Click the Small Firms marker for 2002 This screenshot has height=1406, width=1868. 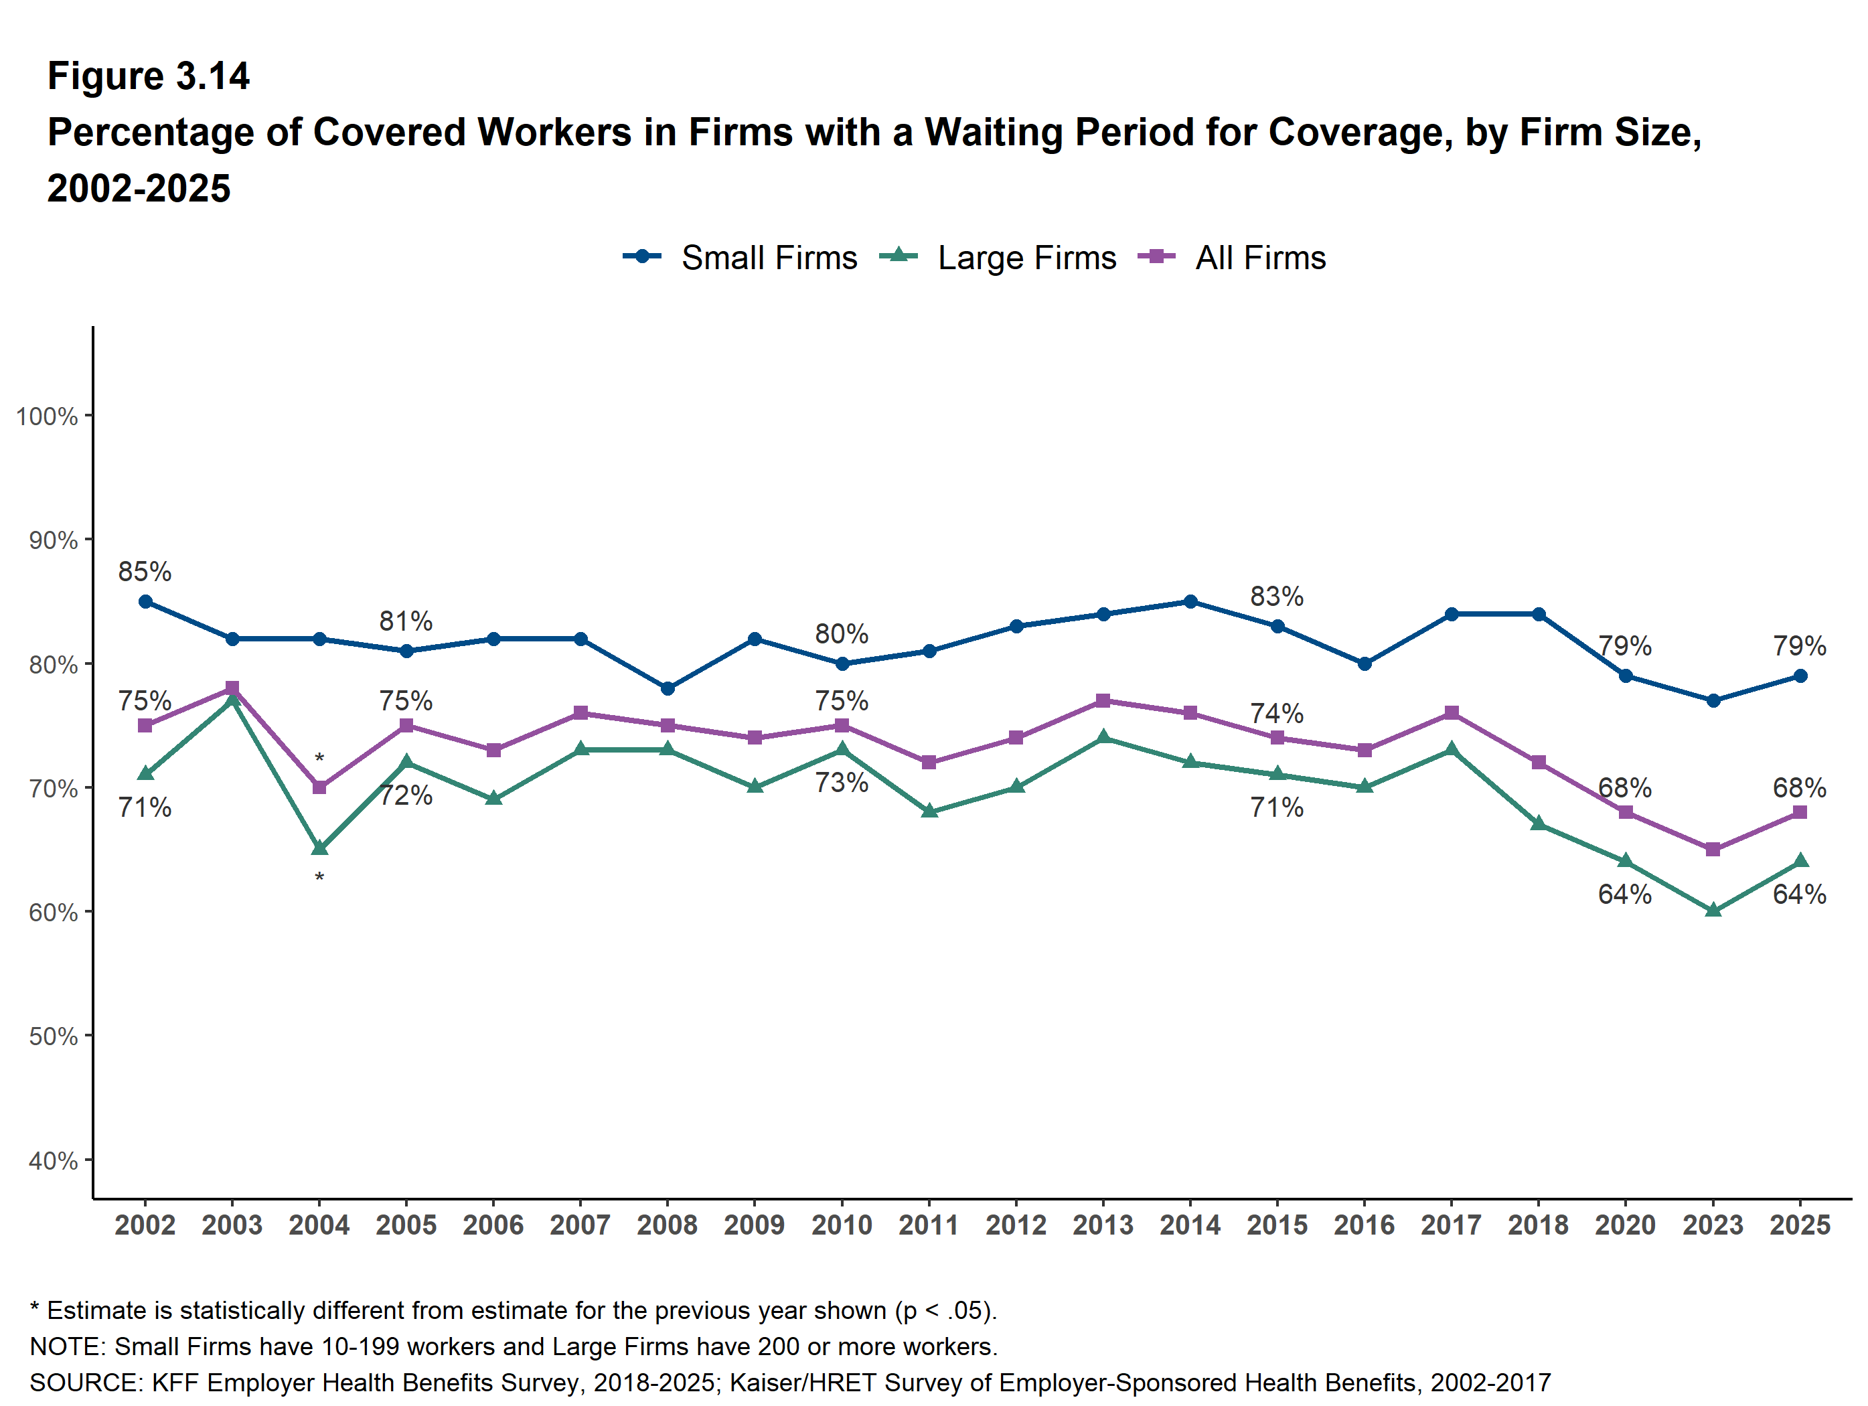pyautogui.click(x=145, y=602)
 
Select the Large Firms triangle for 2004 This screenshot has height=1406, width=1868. pyautogui.click(x=319, y=848)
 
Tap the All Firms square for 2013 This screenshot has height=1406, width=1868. pyautogui.click(x=1103, y=701)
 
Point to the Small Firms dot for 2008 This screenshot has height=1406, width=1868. pyautogui.click(x=667, y=689)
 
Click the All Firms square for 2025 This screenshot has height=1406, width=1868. pyautogui.click(x=1800, y=812)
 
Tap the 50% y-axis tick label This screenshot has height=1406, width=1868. pyautogui.click(x=53, y=1036)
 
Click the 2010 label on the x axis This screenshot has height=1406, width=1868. pyautogui.click(x=842, y=1225)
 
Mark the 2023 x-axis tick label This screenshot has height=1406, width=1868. pyautogui.click(x=1713, y=1225)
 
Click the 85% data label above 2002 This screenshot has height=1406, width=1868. pyautogui.click(x=145, y=572)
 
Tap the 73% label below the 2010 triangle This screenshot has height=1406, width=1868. pyautogui.click(x=842, y=783)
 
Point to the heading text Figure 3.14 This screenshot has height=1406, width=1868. pyautogui.click(x=149, y=76)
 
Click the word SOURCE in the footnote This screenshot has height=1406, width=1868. pyautogui.click(x=85, y=1383)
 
